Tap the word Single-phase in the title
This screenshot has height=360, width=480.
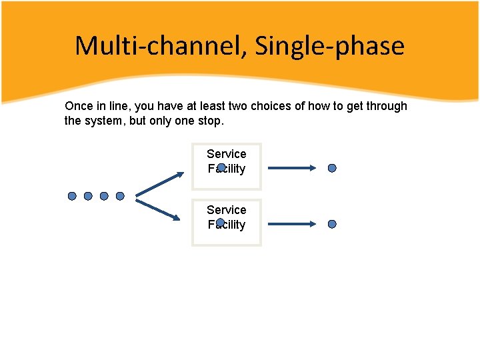(x=330, y=46)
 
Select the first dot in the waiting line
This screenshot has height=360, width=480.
(x=72, y=196)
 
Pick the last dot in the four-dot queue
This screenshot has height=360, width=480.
(x=120, y=196)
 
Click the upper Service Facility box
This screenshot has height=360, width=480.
(x=227, y=167)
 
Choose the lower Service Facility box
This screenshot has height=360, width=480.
(x=227, y=223)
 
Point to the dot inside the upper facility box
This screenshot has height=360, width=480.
(x=221, y=167)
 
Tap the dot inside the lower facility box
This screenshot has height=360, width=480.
(x=221, y=222)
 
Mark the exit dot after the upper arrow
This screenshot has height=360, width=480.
(x=332, y=169)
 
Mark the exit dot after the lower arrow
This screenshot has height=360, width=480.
(x=332, y=225)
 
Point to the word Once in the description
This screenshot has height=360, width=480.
(x=78, y=106)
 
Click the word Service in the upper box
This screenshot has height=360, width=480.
(x=226, y=154)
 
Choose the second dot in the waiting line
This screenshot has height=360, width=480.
(x=88, y=196)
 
